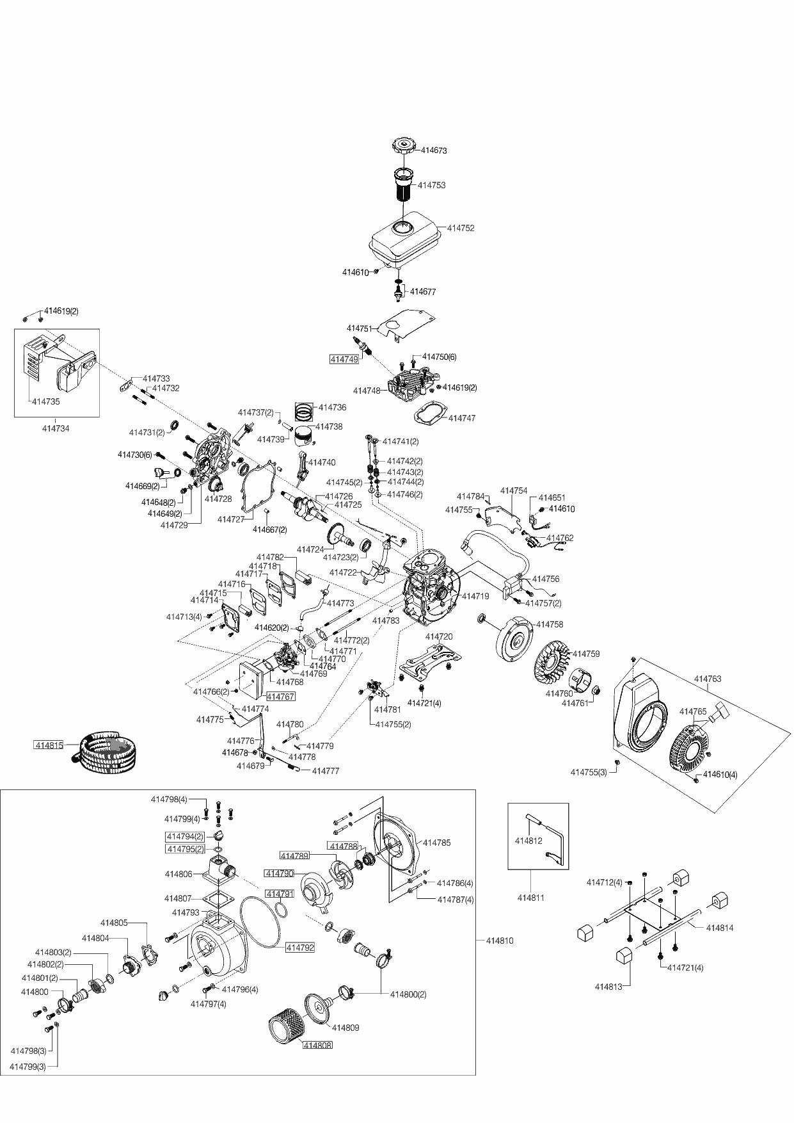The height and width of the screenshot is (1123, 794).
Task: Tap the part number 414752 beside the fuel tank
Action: [x=461, y=228]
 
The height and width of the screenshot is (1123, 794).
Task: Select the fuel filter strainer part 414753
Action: [x=404, y=186]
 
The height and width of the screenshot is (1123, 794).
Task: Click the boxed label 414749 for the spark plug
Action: [x=344, y=359]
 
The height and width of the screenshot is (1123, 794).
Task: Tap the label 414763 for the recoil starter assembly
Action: [x=708, y=679]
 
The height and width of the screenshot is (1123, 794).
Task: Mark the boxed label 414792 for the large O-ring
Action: [x=300, y=948]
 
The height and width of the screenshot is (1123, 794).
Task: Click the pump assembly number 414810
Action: [x=500, y=941]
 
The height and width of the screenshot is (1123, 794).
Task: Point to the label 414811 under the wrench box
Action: [x=530, y=898]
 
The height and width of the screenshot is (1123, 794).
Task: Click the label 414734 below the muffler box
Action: [x=56, y=428]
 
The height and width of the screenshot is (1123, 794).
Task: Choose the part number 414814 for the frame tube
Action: [x=720, y=928]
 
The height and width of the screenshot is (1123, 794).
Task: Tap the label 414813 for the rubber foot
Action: [x=608, y=987]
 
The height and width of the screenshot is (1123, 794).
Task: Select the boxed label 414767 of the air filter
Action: [x=280, y=697]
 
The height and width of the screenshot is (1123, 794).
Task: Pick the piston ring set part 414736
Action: [x=306, y=409]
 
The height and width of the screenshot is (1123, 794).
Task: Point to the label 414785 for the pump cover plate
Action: [x=437, y=843]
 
